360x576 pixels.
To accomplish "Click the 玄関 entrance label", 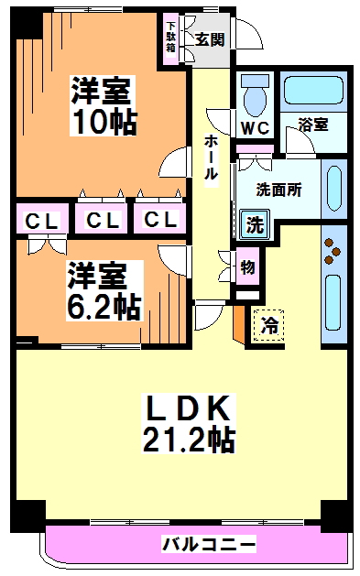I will pos(209,39).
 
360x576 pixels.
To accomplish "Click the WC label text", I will pos(254,128).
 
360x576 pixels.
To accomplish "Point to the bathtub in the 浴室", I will pos(313,91).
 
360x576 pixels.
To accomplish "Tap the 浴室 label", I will pos(313,125).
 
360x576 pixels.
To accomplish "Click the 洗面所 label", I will pos(278,192).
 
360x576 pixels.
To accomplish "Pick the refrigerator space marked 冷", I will pos(269,324).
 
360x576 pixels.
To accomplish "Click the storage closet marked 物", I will pos(247,268).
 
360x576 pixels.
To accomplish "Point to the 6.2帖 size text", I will pos(103,305).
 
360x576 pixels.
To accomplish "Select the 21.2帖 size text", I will pos(188,441).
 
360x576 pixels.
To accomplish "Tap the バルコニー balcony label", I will pos(209,545).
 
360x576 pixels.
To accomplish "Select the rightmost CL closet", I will pos(159,221).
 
